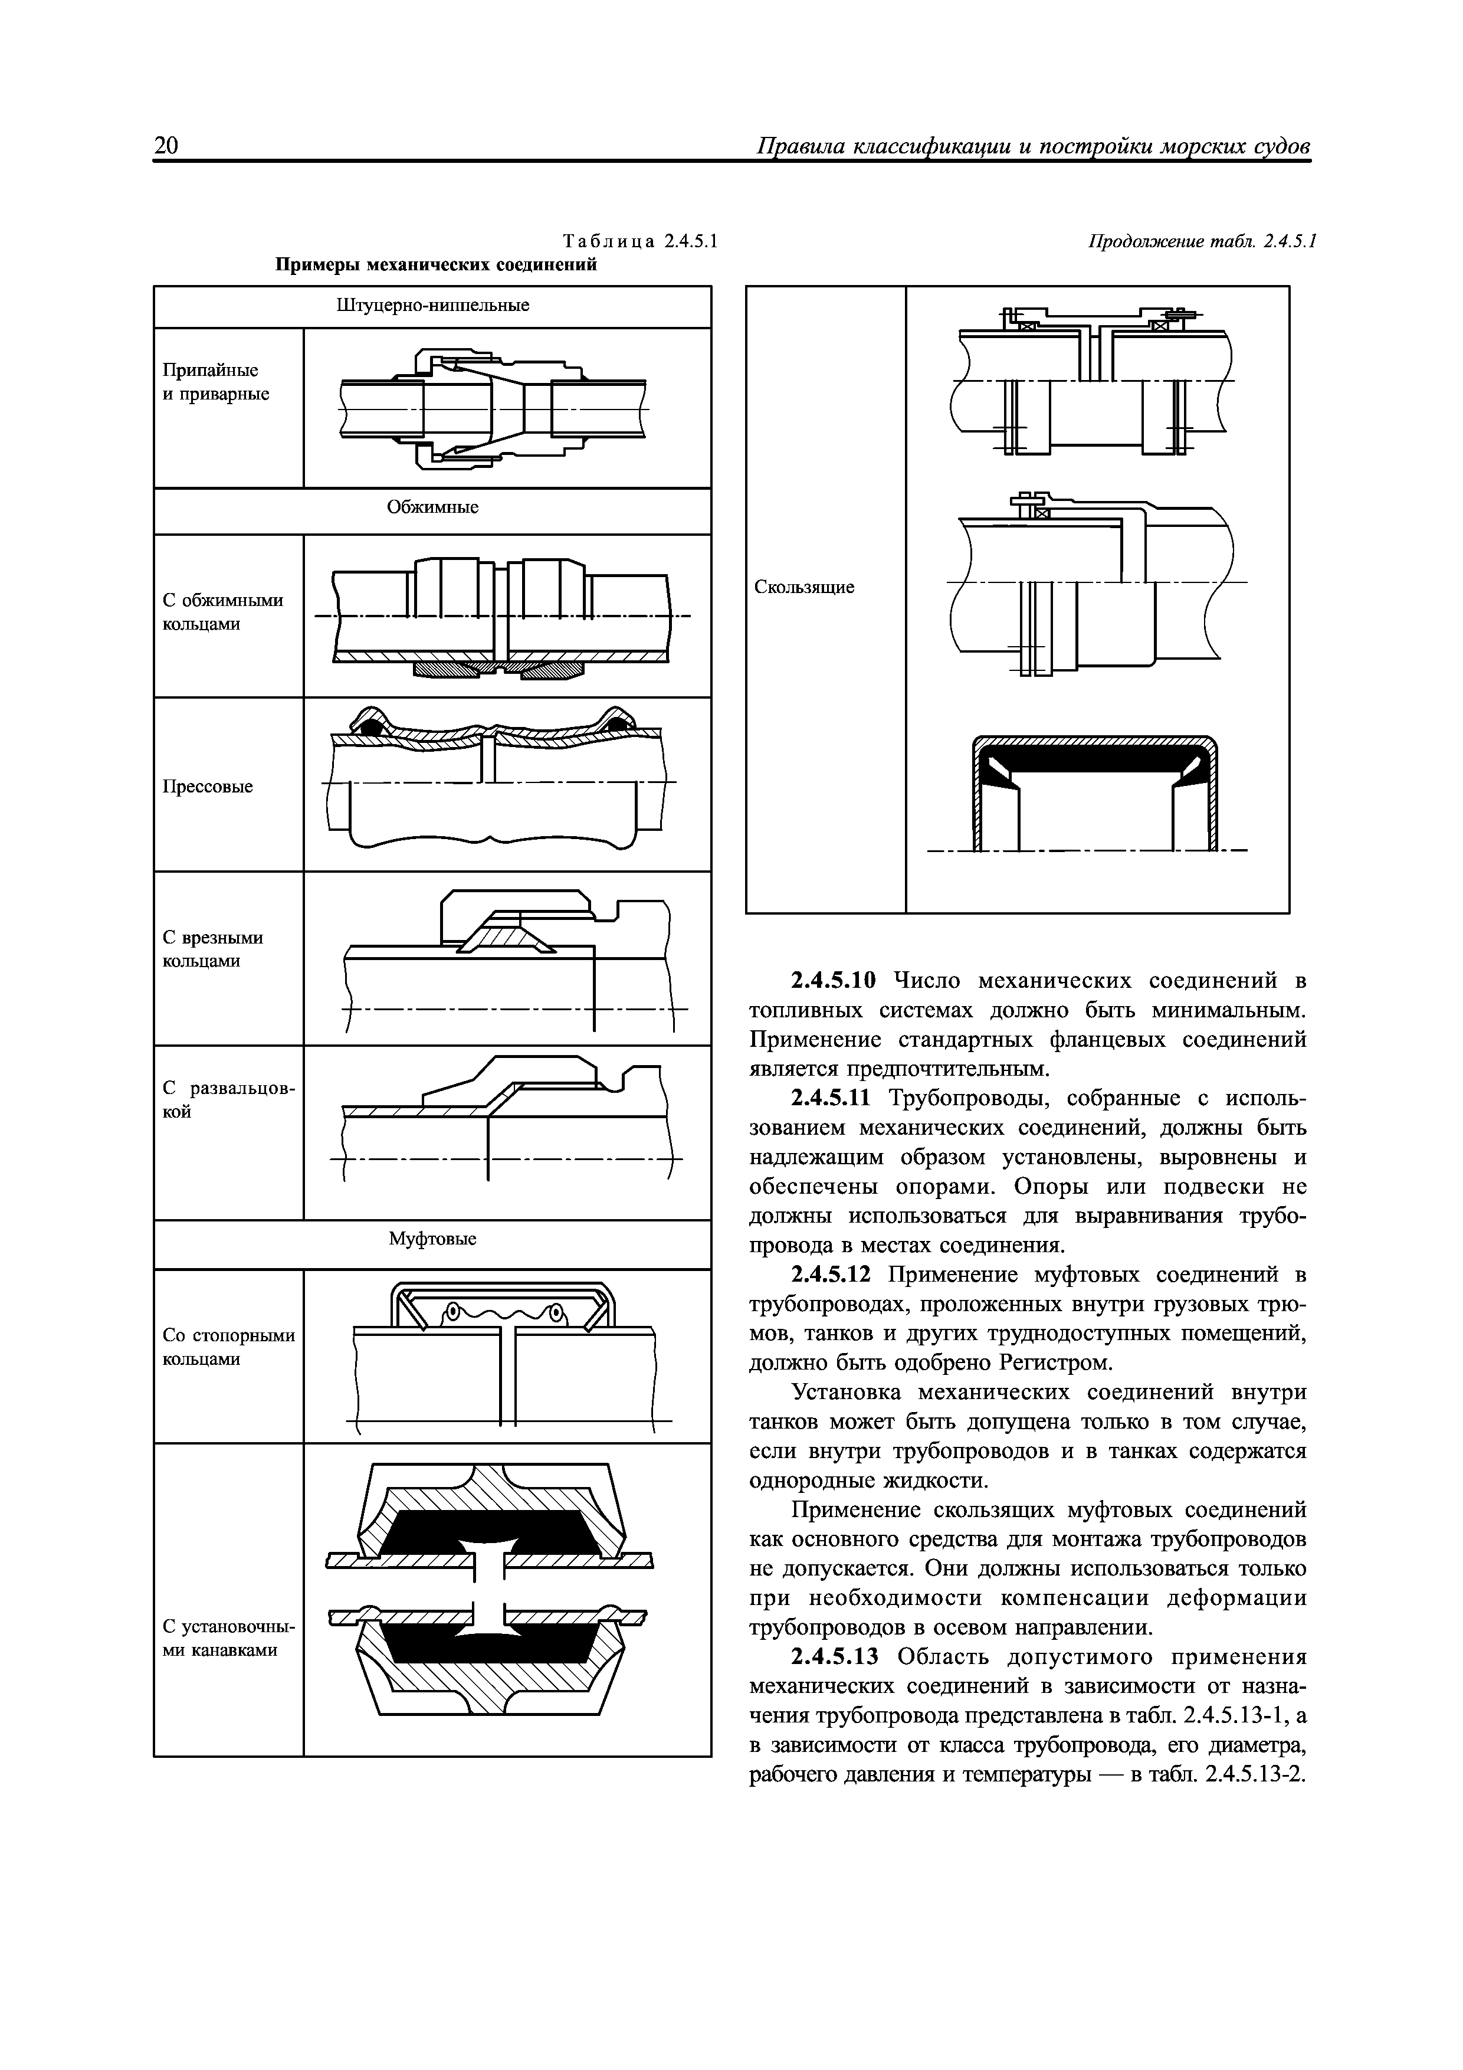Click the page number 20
click(x=167, y=146)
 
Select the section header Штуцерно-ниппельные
click(x=432, y=306)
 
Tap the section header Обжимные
click(x=432, y=507)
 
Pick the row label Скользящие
click(x=804, y=587)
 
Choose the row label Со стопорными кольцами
click(x=228, y=1347)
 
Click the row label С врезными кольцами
click(x=213, y=949)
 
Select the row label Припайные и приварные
click(x=215, y=382)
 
